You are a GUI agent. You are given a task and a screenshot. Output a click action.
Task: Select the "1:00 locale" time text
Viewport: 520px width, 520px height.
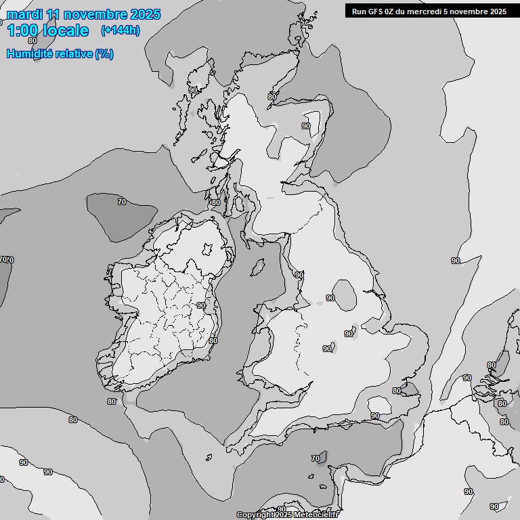tap(47, 30)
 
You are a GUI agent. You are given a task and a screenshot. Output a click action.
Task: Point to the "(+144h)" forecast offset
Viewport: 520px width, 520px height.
tap(120, 30)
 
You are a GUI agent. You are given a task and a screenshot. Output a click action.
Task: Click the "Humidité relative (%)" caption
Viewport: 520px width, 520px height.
tap(60, 53)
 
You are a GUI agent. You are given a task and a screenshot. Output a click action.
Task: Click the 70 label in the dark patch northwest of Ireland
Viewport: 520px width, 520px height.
tap(122, 202)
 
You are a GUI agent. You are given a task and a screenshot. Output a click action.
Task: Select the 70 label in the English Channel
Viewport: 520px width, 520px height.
tap(316, 459)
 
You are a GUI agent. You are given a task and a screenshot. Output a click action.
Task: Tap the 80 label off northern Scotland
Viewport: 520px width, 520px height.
tap(272, 97)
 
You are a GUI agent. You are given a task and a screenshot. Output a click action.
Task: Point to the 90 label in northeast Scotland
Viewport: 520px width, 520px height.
tap(306, 126)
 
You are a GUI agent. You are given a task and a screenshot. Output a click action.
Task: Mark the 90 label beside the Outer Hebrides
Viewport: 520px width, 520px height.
tap(193, 90)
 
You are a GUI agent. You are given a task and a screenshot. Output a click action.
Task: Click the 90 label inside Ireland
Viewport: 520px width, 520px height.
tap(200, 305)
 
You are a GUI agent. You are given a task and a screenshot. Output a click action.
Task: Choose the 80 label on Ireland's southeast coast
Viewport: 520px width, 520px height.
tap(213, 341)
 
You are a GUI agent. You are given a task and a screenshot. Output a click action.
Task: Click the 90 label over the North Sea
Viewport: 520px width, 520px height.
tap(456, 261)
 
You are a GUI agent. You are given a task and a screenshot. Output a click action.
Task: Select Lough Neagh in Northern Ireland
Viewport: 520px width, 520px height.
tap(208, 248)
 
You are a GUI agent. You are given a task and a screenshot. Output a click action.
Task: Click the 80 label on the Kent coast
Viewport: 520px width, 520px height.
tap(397, 391)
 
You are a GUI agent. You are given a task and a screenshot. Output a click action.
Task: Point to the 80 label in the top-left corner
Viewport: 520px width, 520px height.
tap(32, 41)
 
